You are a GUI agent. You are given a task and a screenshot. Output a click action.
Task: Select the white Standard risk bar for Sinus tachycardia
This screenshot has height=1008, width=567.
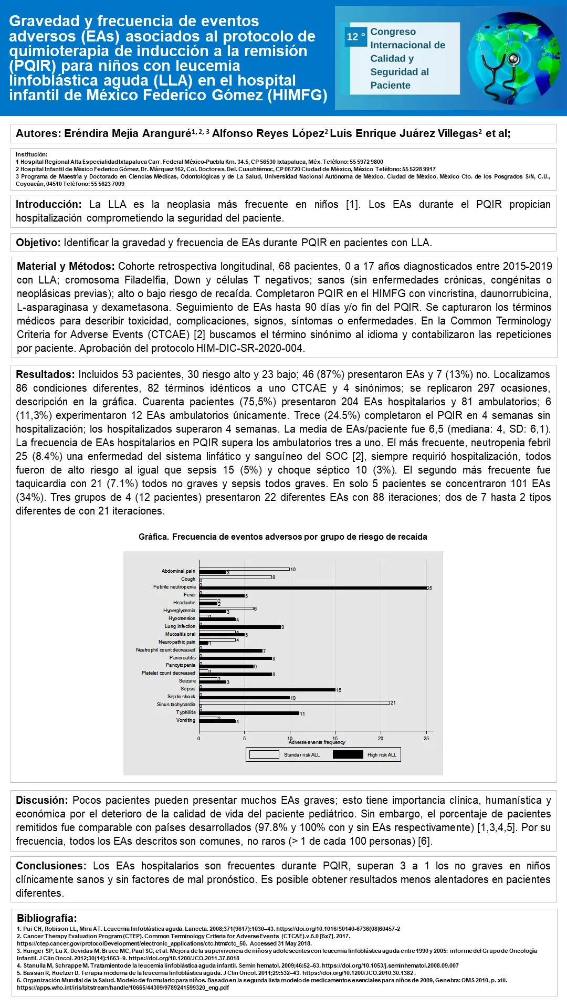point(295,702)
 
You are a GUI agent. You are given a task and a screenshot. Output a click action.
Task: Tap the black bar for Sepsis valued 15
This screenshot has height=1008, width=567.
point(267,690)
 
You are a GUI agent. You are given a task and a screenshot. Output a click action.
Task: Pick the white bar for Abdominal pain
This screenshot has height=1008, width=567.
point(244,569)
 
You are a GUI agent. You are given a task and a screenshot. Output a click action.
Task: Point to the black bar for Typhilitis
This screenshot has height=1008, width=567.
point(249,713)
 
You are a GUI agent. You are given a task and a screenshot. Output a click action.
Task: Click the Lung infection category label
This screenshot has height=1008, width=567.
point(180,626)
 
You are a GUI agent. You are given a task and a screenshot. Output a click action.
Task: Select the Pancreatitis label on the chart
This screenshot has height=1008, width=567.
point(182,658)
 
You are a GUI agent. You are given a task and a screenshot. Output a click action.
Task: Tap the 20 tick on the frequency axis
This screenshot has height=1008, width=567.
point(381,738)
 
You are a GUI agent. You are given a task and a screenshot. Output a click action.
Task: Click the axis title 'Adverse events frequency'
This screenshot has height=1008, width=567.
point(317,742)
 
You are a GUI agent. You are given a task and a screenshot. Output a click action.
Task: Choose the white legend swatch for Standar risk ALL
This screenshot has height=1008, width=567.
point(264,755)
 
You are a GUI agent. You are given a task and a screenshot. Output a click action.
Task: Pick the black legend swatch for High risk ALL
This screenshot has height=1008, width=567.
point(348,755)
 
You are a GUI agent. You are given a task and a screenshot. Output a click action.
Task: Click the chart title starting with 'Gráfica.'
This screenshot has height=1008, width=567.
point(282,537)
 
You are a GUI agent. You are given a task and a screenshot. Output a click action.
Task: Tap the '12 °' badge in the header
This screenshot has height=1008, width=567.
point(355,37)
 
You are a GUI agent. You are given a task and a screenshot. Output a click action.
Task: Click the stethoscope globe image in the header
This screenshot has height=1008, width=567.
point(513,58)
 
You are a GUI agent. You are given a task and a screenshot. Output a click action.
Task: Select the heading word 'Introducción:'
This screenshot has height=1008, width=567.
point(48,205)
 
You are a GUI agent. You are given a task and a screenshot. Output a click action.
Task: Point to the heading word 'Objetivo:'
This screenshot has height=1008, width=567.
point(38,243)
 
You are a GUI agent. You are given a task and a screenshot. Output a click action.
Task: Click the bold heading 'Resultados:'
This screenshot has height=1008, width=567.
point(45,374)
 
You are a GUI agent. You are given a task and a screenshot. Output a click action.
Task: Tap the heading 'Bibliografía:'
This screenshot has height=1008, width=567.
point(47,918)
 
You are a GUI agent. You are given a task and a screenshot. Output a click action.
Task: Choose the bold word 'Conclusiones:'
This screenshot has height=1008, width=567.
point(50,866)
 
